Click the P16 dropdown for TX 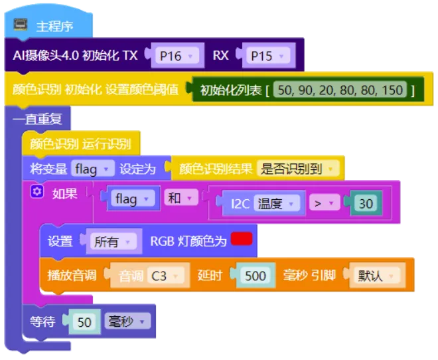(177, 56)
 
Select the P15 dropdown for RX (268, 56)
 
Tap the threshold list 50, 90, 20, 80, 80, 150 (340, 90)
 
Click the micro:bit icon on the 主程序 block (21, 25)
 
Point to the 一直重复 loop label (37, 119)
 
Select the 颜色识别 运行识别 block (81, 144)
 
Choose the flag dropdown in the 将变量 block (92, 169)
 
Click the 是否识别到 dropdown (298, 169)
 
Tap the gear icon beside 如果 (37, 192)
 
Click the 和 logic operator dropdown (181, 198)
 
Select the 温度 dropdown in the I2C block (277, 203)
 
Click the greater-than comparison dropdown (325, 203)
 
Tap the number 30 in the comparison (366, 203)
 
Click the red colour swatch (242, 239)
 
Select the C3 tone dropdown (166, 276)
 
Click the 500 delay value (256, 276)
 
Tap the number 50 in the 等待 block (84, 321)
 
